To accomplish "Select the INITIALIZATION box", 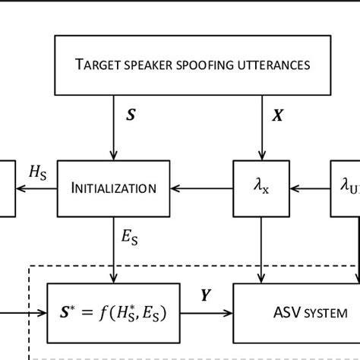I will point(114,188).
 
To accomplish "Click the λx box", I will point(261,188).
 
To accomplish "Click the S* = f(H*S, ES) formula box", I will point(112,311).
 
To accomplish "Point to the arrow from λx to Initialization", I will point(201,188).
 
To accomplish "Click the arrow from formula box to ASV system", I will point(205,311).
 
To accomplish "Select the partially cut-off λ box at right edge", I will point(346,188).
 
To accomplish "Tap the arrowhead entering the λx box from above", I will point(261,154).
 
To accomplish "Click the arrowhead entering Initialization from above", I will point(114,154).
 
